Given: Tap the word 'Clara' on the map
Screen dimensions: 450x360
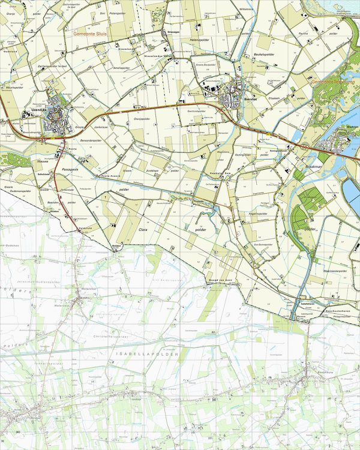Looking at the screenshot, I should coord(143,229).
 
